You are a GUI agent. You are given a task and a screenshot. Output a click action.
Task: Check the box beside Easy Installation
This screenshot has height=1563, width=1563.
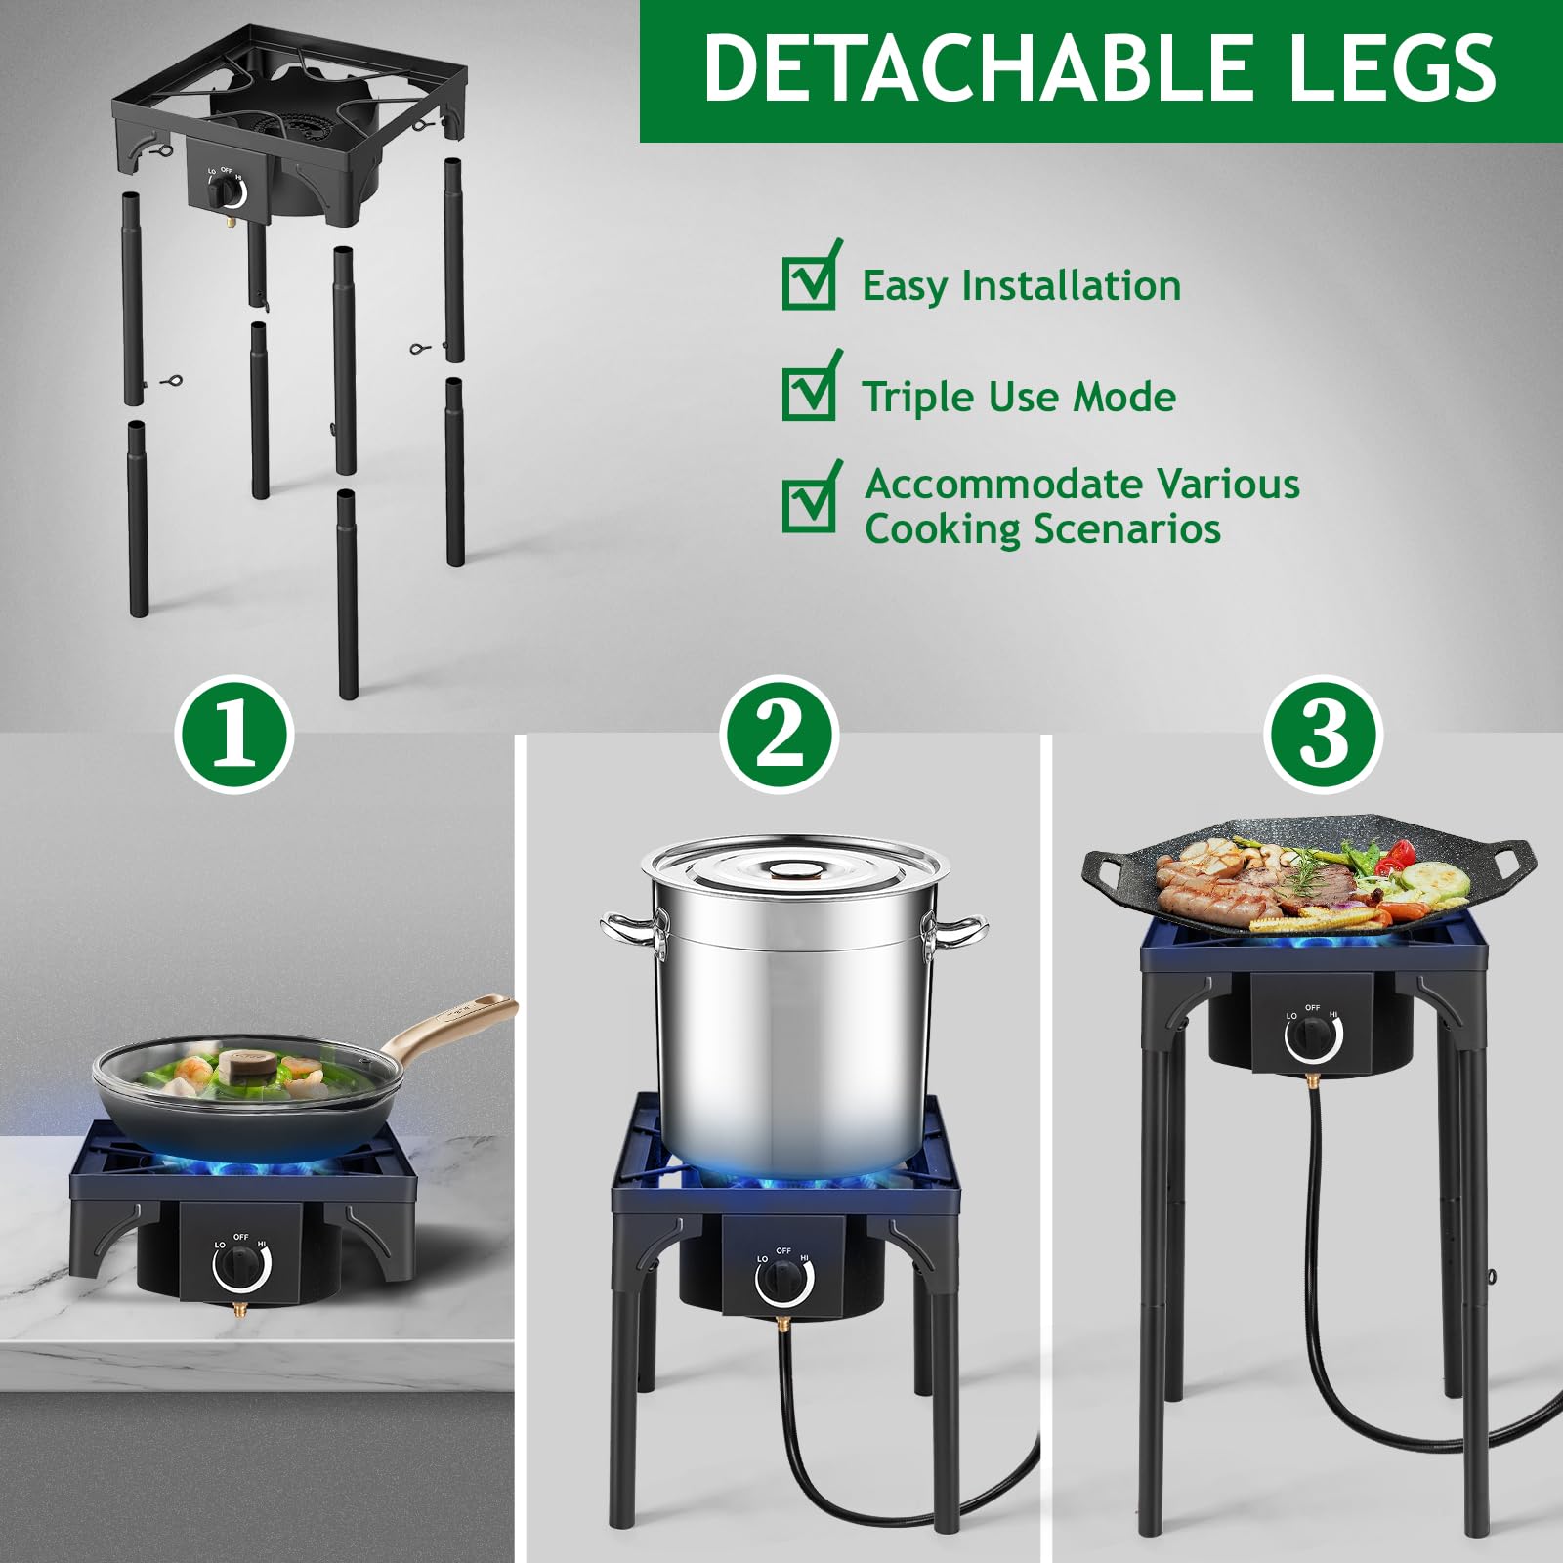(x=809, y=283)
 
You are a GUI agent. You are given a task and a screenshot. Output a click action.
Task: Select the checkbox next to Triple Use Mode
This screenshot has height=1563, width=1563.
(x=809, y=394)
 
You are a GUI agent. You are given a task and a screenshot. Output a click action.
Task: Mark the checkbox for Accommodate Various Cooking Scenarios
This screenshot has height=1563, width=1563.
(x=809, y=504)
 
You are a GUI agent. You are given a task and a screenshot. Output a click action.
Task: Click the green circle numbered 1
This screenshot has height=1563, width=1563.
(x=234, y=734)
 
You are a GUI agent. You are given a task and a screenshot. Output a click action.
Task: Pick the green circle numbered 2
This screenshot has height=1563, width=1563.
(x=780, y=734)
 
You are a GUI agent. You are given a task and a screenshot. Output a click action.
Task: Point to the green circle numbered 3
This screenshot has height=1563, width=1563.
(x=1324, y=734)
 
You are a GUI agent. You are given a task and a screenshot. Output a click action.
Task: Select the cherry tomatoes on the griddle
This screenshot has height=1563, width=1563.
(x=1395, y=855)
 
